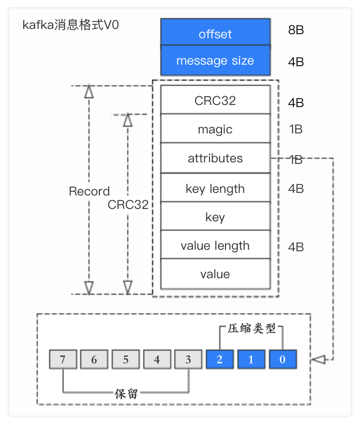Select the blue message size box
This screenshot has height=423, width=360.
pos(215,61)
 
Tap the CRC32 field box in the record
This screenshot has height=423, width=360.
pos(215,100)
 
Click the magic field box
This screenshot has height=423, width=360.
pos(215,129)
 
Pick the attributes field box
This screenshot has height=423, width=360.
pos(215,158)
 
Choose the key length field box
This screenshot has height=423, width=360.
pos(215,188)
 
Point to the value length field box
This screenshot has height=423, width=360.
pos(215,245)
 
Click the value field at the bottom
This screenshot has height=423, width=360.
pos(215,274)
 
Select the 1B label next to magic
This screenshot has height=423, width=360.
pos(296,129)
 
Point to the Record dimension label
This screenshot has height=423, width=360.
pos(89,191)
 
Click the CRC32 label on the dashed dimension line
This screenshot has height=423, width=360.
pos(128,204)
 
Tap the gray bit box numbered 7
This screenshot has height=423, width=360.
pos(63,359)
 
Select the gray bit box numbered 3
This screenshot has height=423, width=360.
pos(188,359)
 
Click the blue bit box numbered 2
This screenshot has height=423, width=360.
pos(219,359)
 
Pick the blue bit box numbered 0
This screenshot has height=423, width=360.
pos(282,359)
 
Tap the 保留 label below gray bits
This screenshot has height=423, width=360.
pos(126,394)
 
